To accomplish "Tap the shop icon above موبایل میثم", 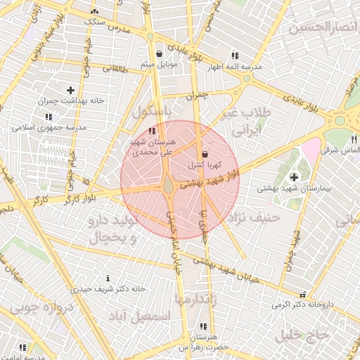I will pyautogui.click(x=160, y=53).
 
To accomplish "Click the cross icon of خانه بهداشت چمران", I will pyautogui.click(x=70, y=90).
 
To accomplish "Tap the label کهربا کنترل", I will pyautogui.click(x=205, y=165).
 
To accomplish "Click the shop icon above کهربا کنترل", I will pyautogui.click(x=205, y=154).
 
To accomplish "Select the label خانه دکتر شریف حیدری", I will pyautogui.click(x=108, y=288).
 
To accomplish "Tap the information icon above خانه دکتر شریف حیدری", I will pyautogui.click(x=108, y=278).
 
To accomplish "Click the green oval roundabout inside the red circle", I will pyautogui.click(x=169, y=187).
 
